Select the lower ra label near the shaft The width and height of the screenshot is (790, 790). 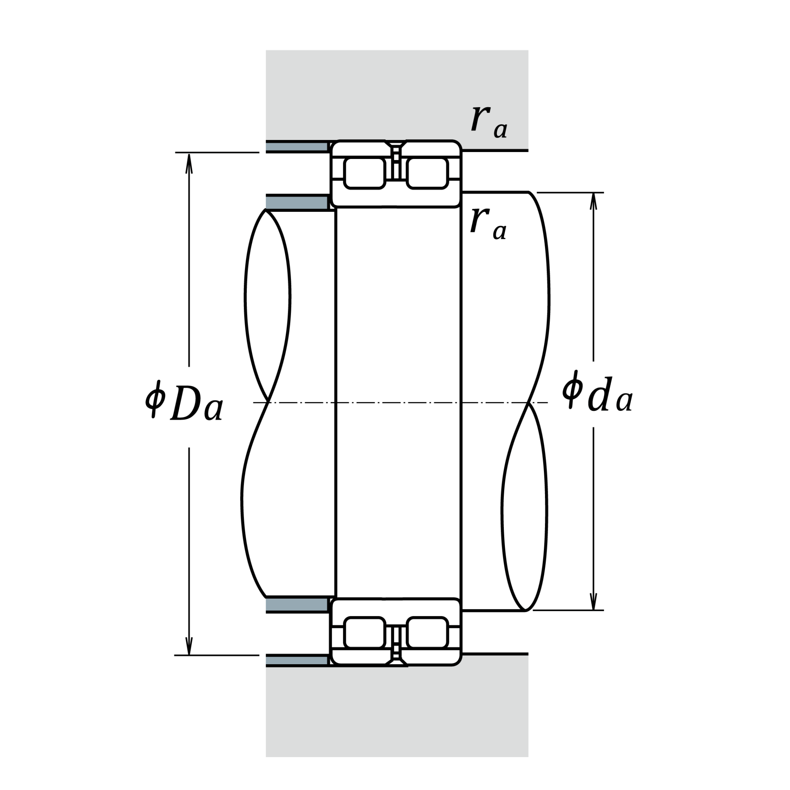[488, 223]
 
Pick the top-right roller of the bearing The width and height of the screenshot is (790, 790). [427, 173]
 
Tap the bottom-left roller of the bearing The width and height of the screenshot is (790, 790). [365, 633]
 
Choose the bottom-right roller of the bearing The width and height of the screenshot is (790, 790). [427, 633]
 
